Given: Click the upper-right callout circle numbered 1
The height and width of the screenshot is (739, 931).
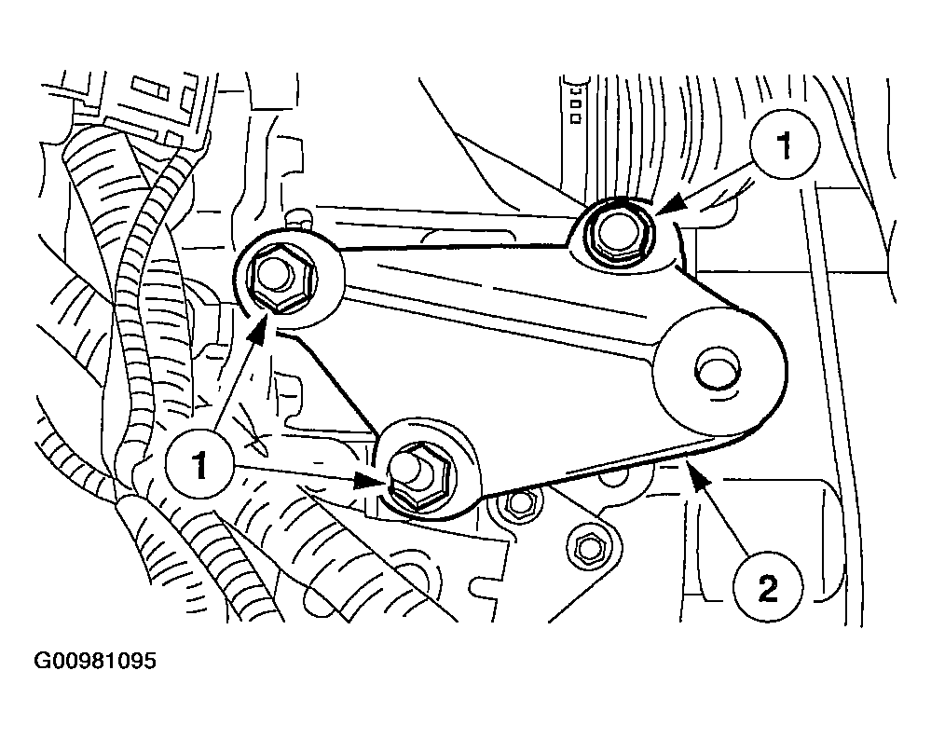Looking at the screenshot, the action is tap(785, 144).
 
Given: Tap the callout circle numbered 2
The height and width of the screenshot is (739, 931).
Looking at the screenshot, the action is tap(768, 587).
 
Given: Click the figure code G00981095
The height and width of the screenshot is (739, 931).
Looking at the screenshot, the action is tap(95, 661).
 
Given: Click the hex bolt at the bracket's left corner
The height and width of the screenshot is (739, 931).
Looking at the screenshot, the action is tap(278, 278).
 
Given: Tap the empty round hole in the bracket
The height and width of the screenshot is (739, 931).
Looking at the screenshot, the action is tap(718, 369).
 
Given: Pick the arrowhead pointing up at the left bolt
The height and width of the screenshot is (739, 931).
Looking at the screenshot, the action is tap(259, 328).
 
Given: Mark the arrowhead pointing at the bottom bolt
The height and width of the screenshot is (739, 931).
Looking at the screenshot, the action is tap(369, 479).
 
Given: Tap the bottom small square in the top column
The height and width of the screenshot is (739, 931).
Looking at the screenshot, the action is tap(575, 118).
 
